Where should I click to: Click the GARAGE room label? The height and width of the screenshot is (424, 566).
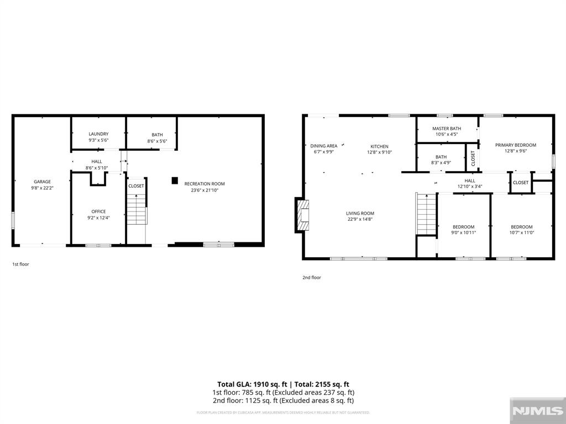coord(43,182)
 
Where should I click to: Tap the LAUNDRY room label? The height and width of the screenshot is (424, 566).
coord(98,134)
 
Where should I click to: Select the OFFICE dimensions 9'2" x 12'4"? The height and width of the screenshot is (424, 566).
coord(98,219)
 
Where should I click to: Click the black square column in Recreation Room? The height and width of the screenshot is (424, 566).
coord(175,180)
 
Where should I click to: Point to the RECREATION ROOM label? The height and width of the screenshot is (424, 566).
coord(205,184)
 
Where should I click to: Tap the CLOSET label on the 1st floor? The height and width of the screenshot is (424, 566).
coord(136,186)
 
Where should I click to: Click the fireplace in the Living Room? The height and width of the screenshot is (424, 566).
coord(302,215)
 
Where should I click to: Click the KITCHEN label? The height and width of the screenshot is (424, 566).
coord(379,146)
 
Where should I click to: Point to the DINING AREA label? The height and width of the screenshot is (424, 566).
coord(323,146)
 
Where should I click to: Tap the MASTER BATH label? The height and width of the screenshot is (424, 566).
coord(447,129)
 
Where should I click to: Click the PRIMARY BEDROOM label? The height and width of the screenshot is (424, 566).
coord(515,145)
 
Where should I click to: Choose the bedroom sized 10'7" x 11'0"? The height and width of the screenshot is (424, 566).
coord(521,230)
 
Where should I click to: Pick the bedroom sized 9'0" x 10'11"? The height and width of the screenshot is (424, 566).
coord(463,230)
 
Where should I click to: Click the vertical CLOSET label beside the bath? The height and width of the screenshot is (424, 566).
coord(473,158)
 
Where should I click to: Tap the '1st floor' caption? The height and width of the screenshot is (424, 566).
coord(20,264)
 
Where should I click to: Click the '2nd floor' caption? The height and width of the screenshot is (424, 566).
coord(311,278)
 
